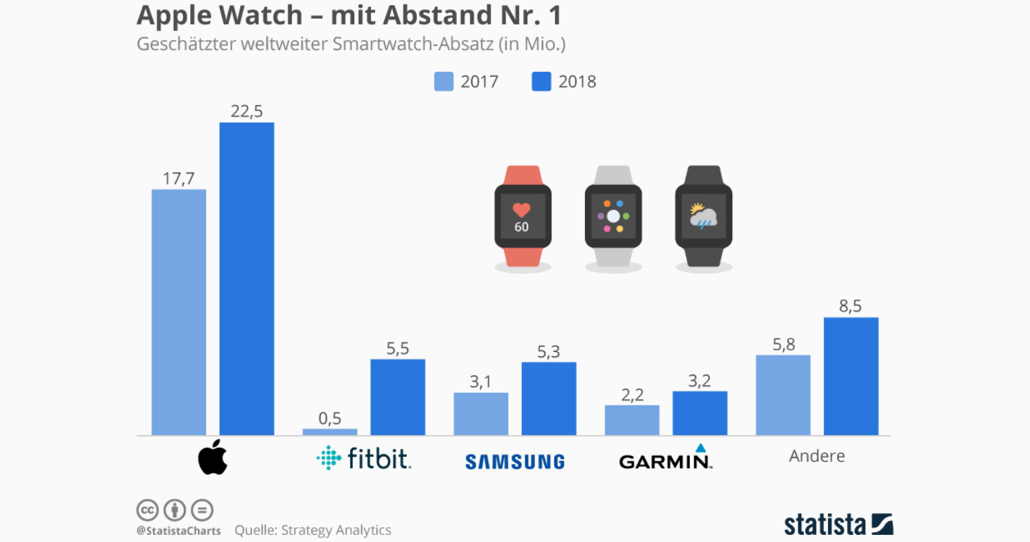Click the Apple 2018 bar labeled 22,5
[246, 279]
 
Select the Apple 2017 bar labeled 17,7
[179, 312]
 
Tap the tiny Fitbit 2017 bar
[329, 431]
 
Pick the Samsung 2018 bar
[548, 398]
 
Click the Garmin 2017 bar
[632, 420]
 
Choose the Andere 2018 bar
[850, 376]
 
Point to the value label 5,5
[397, 348]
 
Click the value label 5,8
[783, 344]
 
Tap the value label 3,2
[699, 381]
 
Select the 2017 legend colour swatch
[444, 82]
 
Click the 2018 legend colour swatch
[541, 82]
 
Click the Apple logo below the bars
[213, 457]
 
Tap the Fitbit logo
[364, 458]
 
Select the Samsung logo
[515, 462]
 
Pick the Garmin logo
[665, 458]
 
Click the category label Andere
[817, 456]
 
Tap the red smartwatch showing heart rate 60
[522, 216]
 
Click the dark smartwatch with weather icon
[703, 216]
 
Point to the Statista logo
[839, 524]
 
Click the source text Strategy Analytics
[336, 530]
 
